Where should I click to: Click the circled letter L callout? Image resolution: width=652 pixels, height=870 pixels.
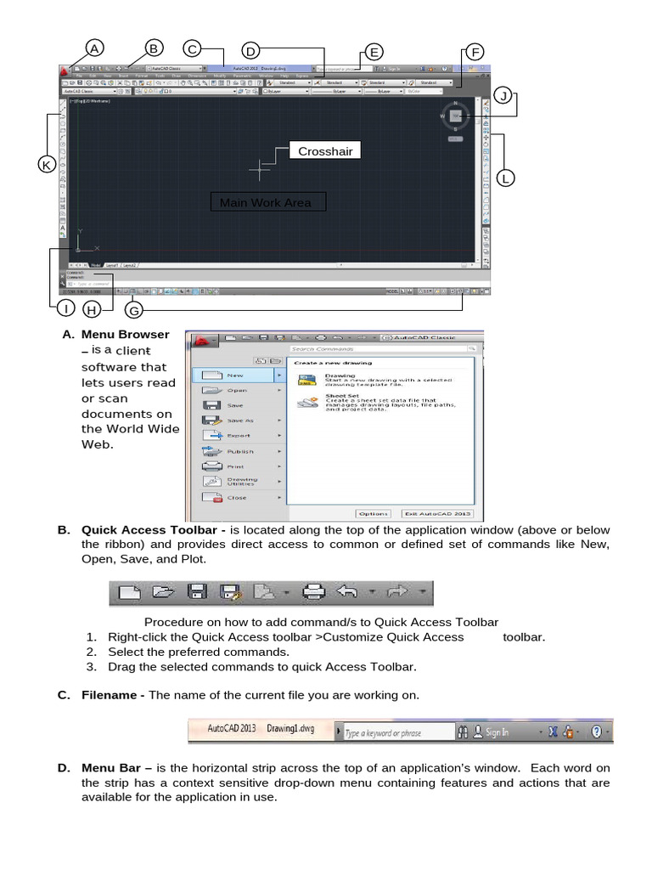tap(505, 178)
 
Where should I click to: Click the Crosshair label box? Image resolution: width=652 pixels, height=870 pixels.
tap(324, 151)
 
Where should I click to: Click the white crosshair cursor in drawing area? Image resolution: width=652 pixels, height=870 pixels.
tap(260, 170)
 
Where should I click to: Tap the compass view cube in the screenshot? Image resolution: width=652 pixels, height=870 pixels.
tap(456, 116)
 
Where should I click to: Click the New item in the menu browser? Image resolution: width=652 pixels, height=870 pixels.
tap(237, 374)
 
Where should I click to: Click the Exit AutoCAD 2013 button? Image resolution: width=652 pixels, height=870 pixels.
tap(437, 513)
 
